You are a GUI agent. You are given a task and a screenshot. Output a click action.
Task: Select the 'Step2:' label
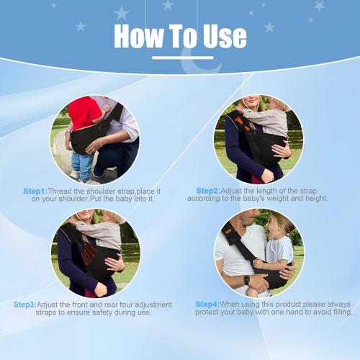coord(209,191)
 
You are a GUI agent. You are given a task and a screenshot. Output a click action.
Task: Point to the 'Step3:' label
coord(25,304)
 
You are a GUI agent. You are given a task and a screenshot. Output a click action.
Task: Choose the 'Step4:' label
coord(208,304)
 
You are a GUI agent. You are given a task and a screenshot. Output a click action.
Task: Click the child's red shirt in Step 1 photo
coord(84,114)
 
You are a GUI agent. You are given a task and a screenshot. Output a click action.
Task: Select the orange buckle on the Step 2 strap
coord(243,125)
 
